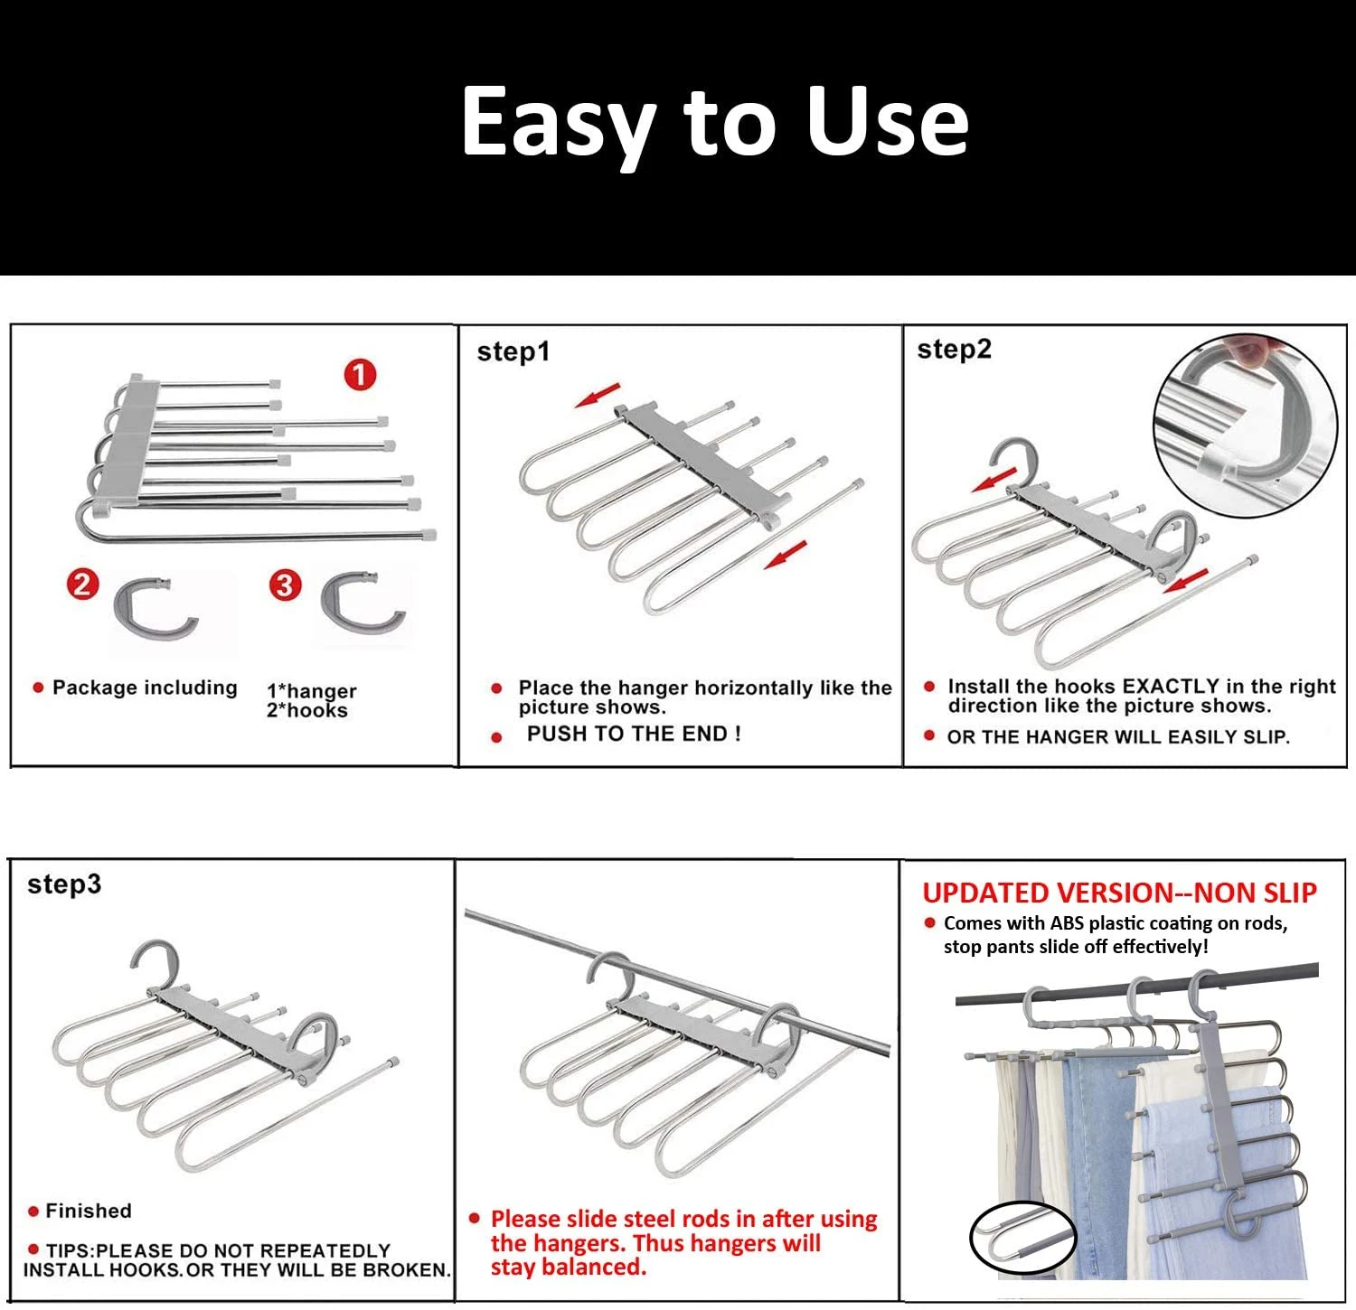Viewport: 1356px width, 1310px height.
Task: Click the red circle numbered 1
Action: pos(360,374)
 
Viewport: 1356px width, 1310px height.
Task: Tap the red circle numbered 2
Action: pos(82,585)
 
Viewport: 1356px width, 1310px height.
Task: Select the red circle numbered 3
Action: pos(284,585)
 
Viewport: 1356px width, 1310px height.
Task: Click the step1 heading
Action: pos(513,352)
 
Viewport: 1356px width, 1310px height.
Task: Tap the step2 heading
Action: pos(954,350)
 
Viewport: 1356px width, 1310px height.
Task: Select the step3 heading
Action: pos(64,884)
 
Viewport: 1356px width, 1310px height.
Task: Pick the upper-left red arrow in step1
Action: pos(598,396)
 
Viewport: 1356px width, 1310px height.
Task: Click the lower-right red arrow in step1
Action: pos(784,555)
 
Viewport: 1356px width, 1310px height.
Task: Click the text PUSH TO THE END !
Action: pos(634,734)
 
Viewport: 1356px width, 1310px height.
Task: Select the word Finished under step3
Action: pos(89,1211)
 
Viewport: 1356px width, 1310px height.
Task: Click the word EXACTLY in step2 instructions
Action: pos(1171,687)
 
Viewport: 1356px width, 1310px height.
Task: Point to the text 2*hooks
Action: pos(306,711)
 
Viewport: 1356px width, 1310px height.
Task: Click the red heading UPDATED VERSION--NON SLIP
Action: pos(1119,894)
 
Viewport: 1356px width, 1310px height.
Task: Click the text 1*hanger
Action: pos(311,691)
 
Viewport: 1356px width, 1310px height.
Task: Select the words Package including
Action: pos(145,688)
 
